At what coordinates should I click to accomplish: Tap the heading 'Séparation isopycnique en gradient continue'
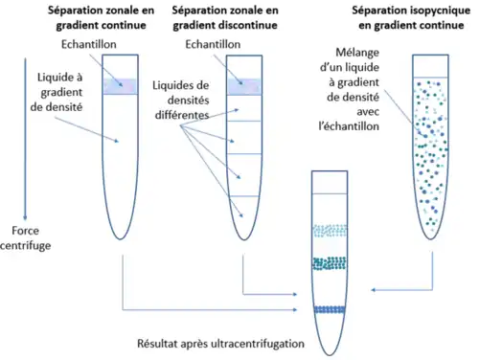pyautogui.click(x=406, y=16)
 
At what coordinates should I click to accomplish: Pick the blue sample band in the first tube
pyautogui.click(x=125, y=85)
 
